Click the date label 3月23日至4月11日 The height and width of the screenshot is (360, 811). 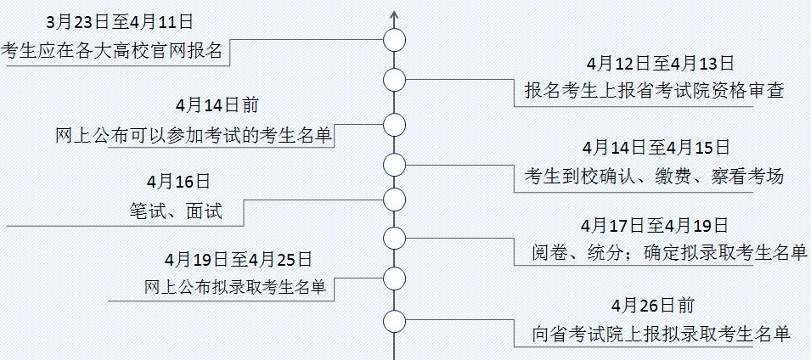coord(120,20)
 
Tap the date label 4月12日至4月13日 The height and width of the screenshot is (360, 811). coord(659,63)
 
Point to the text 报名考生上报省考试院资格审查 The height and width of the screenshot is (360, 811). coord(653,91)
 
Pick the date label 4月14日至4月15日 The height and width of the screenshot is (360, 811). coord(656,148)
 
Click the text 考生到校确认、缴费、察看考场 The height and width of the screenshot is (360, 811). coord(653,177)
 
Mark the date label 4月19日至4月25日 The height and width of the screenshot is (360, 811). coord(238,258)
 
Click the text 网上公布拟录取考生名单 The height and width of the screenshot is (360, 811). coord(235,287)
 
